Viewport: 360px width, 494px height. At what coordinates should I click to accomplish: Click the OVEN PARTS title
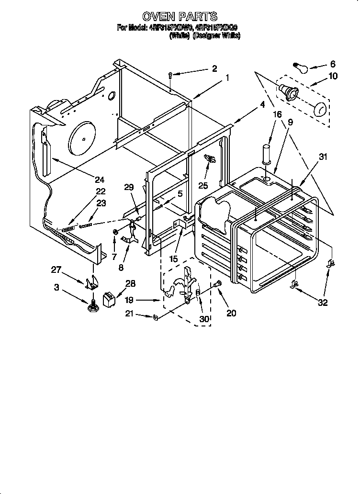coord(180,17)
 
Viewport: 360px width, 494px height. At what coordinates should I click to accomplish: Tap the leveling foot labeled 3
coord(92,304)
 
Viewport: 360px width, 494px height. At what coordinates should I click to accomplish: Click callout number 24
coord(99,180)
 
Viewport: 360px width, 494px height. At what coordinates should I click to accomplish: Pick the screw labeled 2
coord(171,74)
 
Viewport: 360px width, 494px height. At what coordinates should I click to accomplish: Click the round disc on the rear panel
coord(83,138)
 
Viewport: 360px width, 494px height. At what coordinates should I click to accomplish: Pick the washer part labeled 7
coord(115,233)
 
